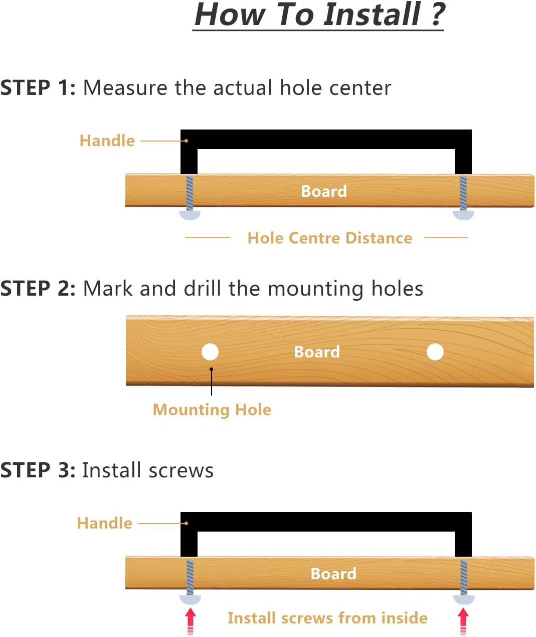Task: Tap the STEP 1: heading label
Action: click(x=38, y=88)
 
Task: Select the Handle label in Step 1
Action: click(x=107, y=141)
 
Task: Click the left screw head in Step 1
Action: click(x=189, y=215)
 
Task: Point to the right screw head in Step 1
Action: click(x=463, y=215)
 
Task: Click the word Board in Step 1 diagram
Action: click(x=324, y=191)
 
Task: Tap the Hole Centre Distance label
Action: click(x=330, y=238)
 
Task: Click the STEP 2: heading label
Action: click(x=38, y=288)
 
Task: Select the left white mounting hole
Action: click(x=210, y=352)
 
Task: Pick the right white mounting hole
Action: click(x=435, y=352)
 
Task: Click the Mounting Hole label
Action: click(x=212, y=410)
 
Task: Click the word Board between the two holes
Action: click(x=317, y=352)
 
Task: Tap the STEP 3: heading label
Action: click(x=38, y=470)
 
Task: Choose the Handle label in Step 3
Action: click(x=104, y=523)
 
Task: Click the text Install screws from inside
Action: click(x=327, y=618)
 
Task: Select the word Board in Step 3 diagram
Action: click(x=333, y=574)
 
